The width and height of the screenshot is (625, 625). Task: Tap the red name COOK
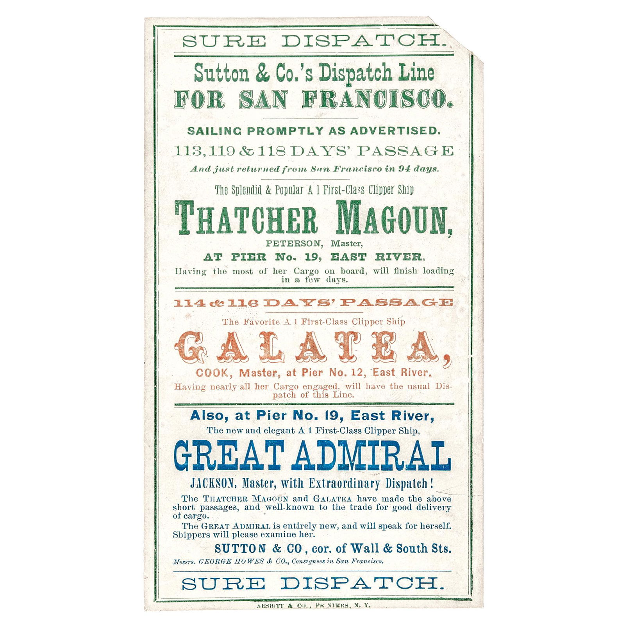pos(212,373)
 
